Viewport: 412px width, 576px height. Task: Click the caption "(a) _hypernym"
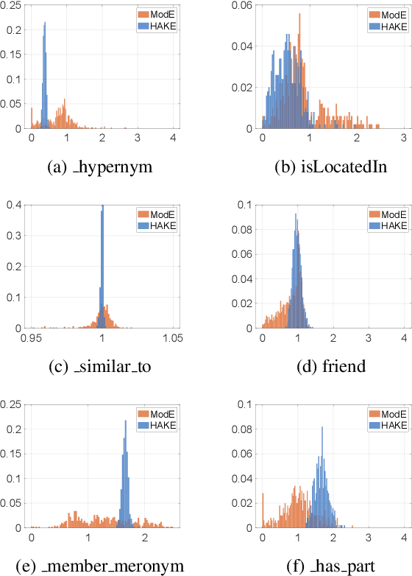point(99,167)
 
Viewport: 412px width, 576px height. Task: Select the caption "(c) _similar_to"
point(99,367)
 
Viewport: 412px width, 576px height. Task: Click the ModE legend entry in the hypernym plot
point(157,14)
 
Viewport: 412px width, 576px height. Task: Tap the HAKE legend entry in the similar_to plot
point(157,225)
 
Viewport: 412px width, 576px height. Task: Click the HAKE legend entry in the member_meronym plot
point(157,424)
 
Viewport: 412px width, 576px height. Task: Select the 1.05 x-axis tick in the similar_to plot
point(172,338)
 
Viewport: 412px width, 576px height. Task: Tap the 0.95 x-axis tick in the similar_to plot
point(31,338)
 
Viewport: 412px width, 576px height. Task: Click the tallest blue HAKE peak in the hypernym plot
point(45,24)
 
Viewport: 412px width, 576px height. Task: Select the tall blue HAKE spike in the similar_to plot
point(102,210)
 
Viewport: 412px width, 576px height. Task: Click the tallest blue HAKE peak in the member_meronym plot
point(125,422)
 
